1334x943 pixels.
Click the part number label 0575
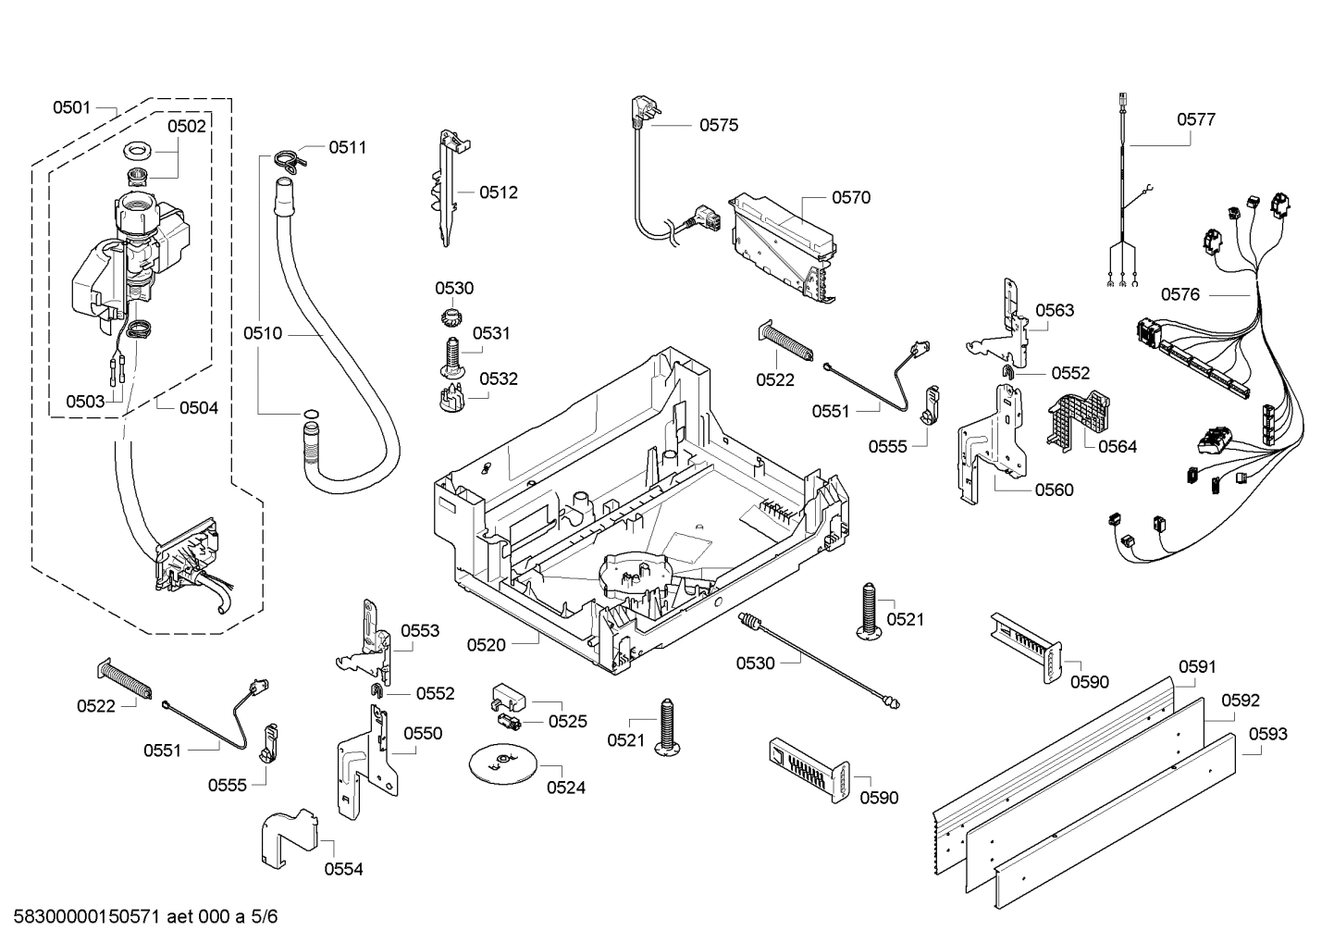718,125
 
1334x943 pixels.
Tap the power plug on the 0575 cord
637,111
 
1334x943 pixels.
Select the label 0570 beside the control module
850,197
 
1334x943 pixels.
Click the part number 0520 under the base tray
486,645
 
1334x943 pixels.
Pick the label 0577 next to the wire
1195,119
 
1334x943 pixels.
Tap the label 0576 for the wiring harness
1180,294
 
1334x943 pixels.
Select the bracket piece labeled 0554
289,838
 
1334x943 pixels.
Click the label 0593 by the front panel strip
1267,734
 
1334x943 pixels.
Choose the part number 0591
1197,666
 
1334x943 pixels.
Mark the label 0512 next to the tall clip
498,192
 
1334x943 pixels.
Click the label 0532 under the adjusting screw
498,378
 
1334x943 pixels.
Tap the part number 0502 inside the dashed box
186,126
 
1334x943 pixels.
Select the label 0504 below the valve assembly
198,407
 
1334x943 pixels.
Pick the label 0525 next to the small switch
567,721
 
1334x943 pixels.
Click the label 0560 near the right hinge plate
1054,490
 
